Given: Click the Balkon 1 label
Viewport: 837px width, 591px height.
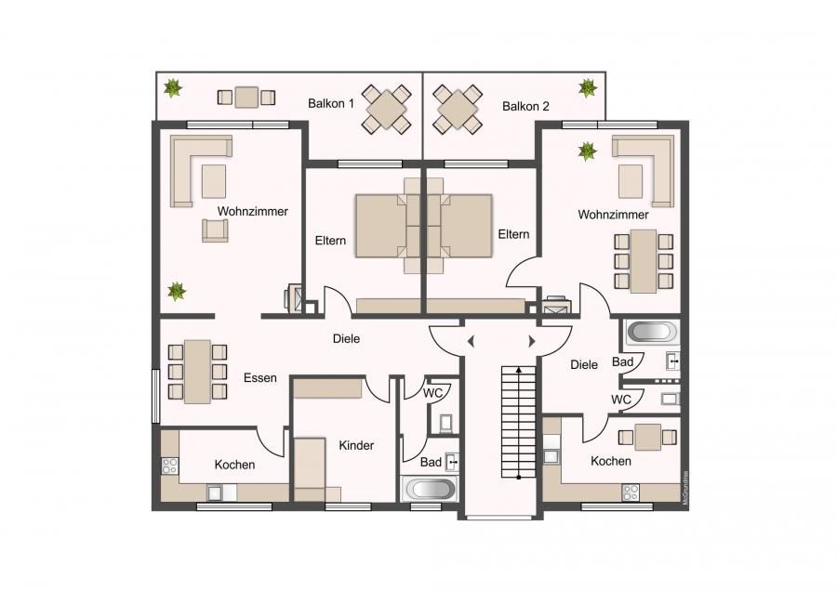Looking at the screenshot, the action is point(331,103).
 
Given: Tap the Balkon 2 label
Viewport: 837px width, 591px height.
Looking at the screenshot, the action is point(525,106).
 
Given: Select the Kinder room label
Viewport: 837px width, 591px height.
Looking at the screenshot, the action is point(356,445).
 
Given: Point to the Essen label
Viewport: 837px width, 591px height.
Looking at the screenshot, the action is point(260,377).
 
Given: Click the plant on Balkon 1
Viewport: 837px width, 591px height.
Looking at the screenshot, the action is point(172,88).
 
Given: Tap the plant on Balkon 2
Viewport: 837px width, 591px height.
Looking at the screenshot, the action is point(588,88).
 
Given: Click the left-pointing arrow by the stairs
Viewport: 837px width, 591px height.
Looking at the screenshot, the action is point(471,341).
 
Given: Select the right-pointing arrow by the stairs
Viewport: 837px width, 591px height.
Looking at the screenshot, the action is point(532,341).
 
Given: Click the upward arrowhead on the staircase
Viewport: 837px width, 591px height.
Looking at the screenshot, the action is point(518,369).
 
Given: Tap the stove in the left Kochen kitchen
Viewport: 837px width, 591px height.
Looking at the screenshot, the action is point(170,466).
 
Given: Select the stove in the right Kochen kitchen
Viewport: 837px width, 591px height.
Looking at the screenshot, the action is point(631,492).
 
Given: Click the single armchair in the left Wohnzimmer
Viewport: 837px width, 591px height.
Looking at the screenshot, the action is point(215,230).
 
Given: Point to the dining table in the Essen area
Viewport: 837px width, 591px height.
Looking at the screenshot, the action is point(197,372).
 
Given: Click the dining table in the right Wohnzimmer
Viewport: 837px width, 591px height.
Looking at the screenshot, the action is point(644,261).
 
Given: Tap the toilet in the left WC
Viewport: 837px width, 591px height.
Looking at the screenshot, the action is point(446,423).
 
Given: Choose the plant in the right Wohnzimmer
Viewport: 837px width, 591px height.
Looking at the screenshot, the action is point(587,151).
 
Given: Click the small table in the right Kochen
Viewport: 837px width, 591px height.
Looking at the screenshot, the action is point(647,438).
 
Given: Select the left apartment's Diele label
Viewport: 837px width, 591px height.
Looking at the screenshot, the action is point(347,338).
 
